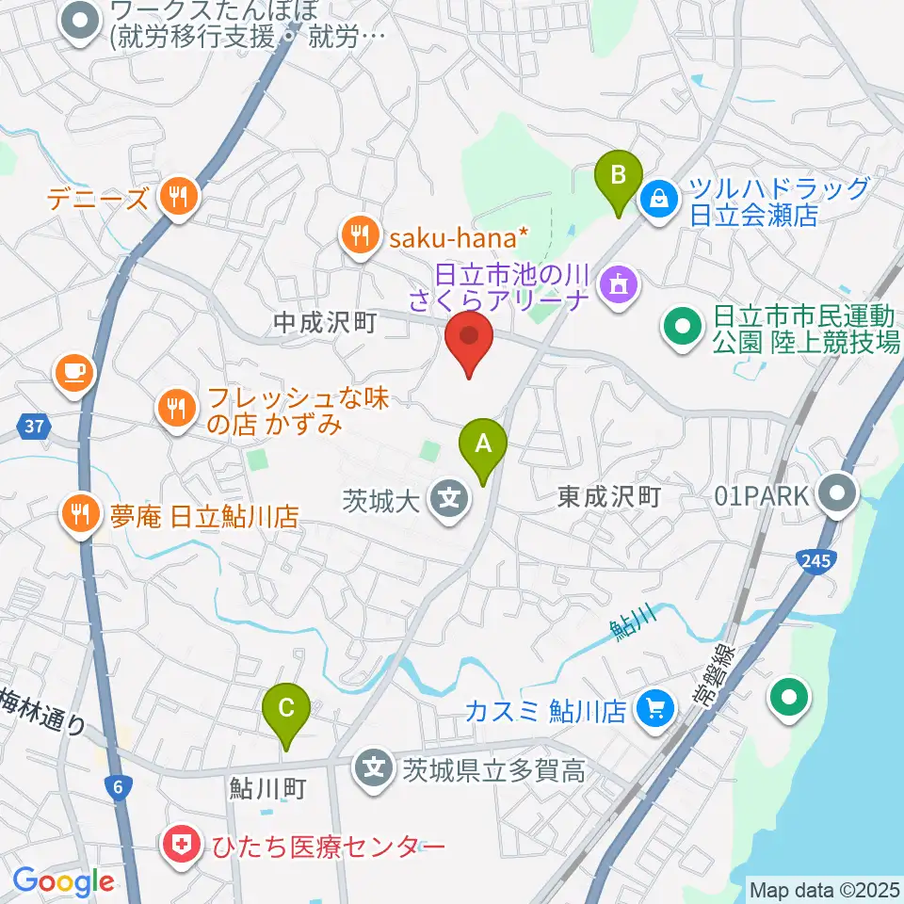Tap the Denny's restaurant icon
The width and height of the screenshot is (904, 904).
point(176,198)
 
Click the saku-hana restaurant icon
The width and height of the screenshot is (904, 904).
point(359,233)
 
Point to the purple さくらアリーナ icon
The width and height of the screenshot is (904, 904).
point(619,280)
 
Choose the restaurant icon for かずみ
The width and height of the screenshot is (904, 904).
point(176,408)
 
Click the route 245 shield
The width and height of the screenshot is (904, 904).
point(815,562)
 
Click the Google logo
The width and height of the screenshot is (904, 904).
point(63,882)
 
